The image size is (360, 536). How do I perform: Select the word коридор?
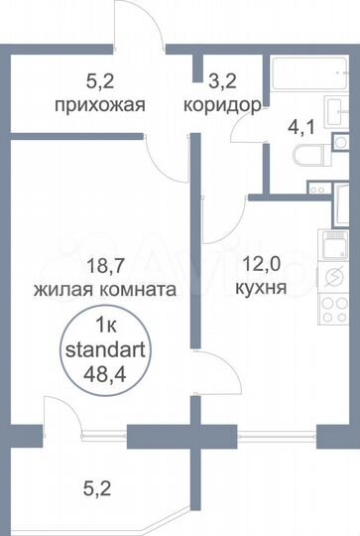click(x=222, y=104)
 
